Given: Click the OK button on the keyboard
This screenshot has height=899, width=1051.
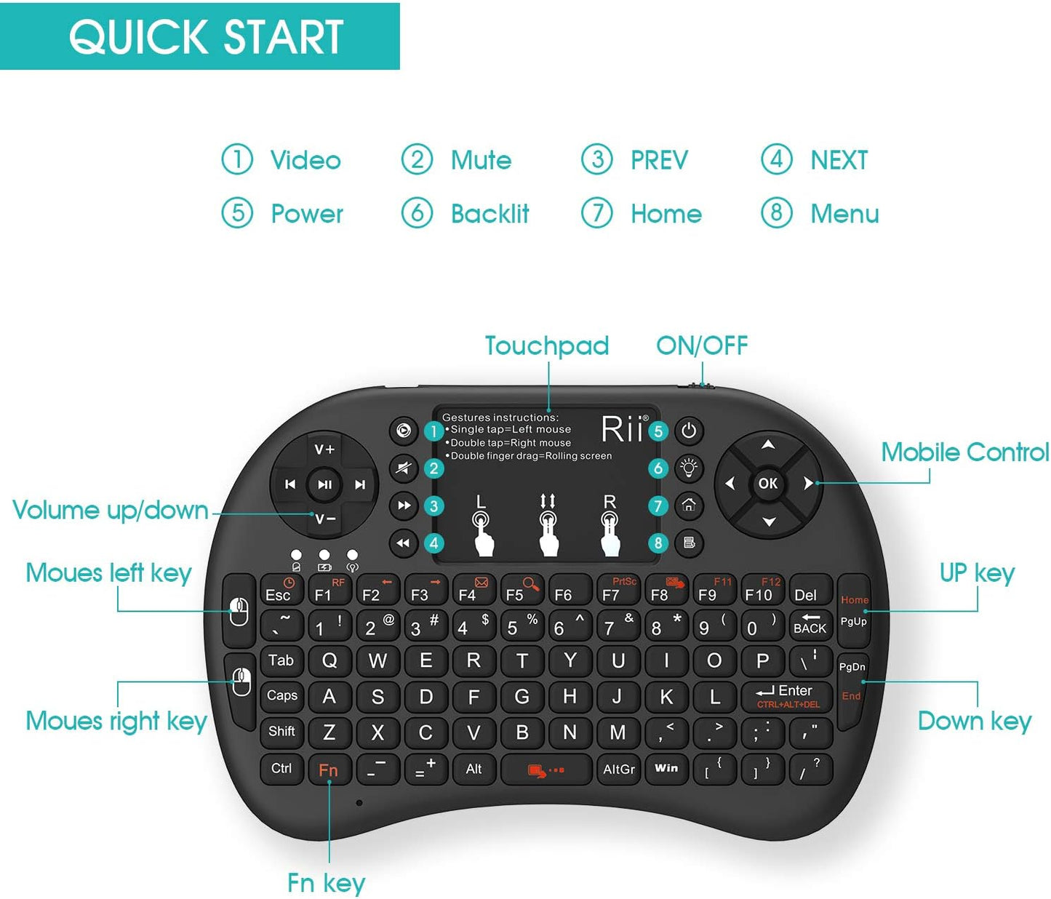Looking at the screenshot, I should pos(767,483).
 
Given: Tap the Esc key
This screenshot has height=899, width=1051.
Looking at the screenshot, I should pos(279,591).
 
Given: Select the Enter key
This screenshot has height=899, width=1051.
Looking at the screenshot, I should pos(786,695).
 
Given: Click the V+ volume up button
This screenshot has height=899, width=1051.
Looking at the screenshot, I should pos(324,450).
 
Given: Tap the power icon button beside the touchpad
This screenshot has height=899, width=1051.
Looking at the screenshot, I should pos(689,431).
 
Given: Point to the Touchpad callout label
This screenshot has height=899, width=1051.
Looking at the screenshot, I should pos(547,346).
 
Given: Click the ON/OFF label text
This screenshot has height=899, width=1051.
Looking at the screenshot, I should pos(702,346).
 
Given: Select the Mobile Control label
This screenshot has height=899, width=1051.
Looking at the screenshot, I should pos(964,452).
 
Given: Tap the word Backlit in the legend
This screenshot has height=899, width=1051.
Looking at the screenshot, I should pos(489,214).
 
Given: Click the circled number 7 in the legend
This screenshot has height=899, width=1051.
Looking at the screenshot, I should pos(597,213).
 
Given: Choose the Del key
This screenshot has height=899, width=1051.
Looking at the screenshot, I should pos(805,593).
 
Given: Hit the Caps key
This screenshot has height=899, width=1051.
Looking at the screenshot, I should pos(282,696).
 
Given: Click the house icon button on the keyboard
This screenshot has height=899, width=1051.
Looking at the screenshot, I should pos(689,506).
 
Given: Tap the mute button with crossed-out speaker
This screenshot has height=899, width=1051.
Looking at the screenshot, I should pos(403,468).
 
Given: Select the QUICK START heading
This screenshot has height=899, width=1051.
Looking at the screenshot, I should pos(206,37).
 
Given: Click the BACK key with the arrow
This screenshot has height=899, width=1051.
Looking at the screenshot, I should pos(810,625).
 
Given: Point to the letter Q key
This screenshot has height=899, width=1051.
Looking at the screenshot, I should pos(329,660).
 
